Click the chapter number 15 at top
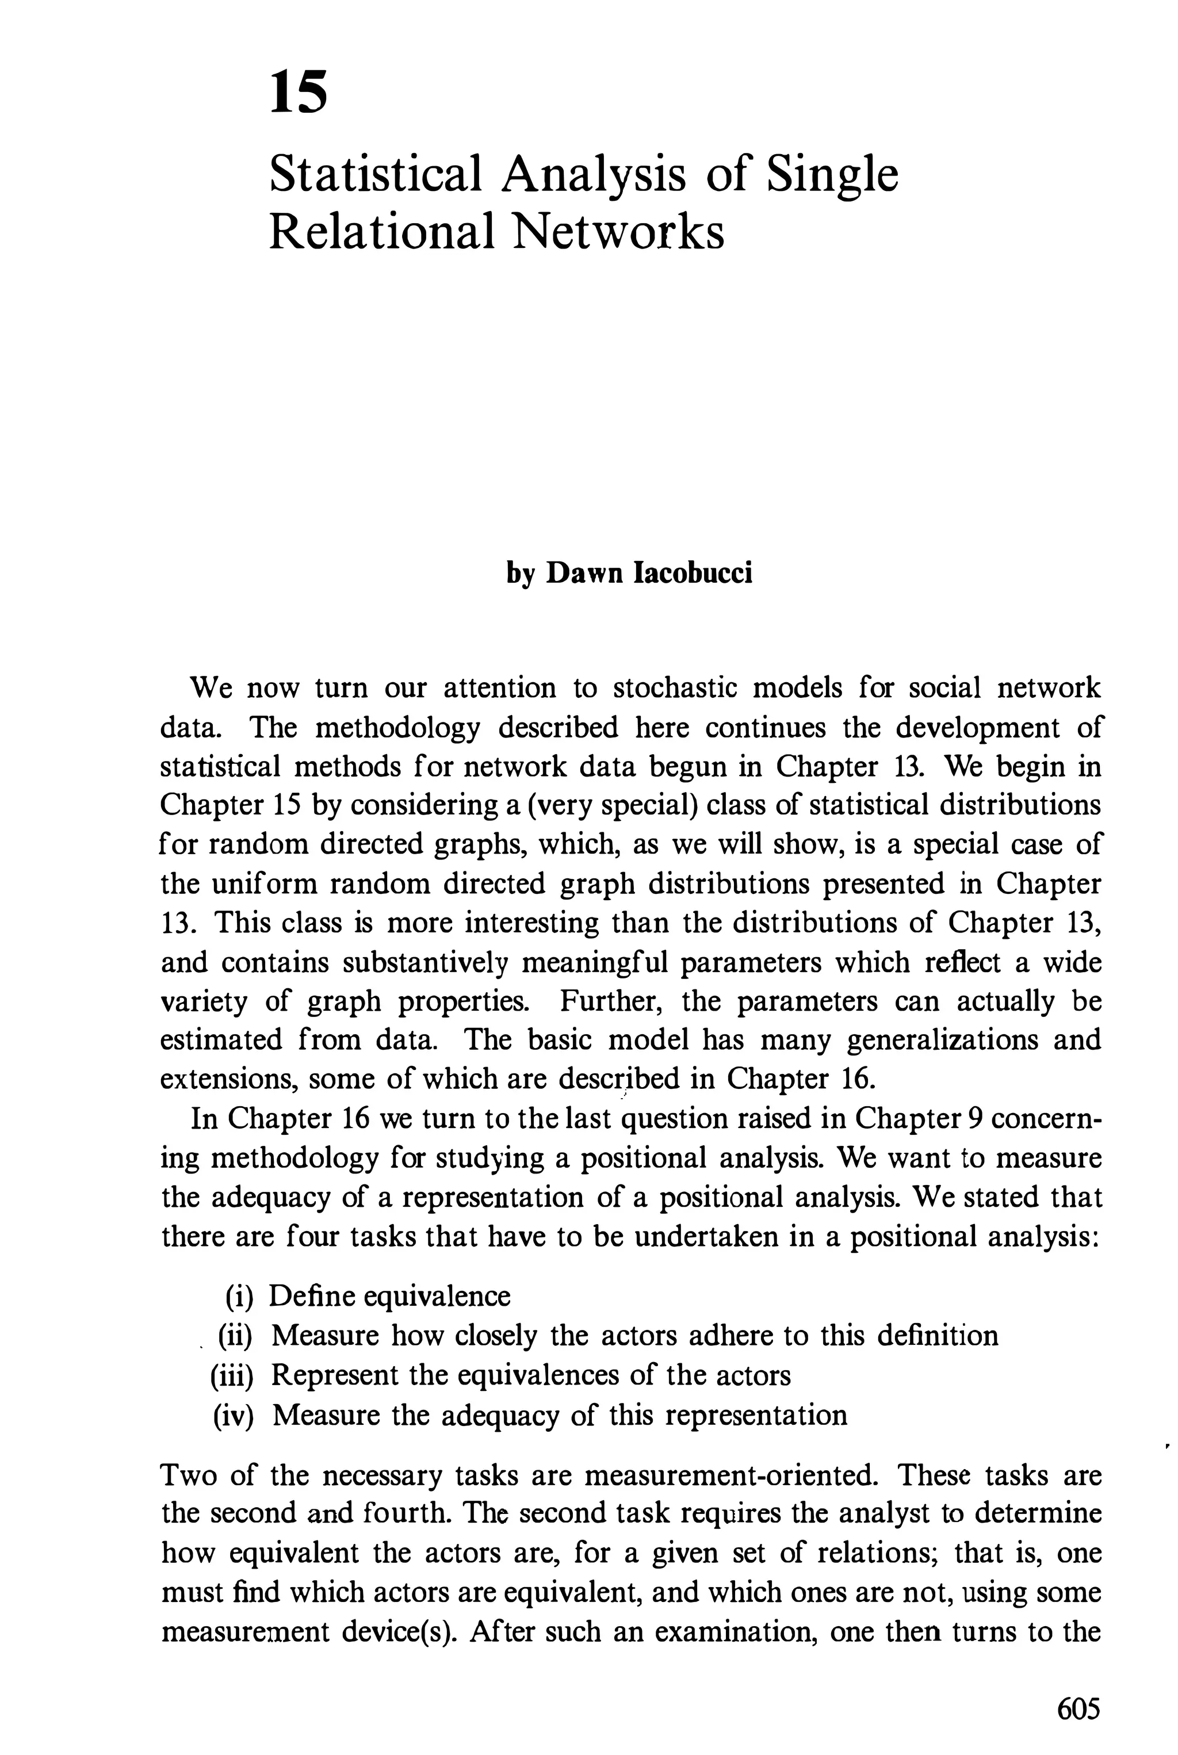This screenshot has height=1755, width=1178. [x=299, y=91]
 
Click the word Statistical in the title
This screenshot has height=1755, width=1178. [x=375, y=174]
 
